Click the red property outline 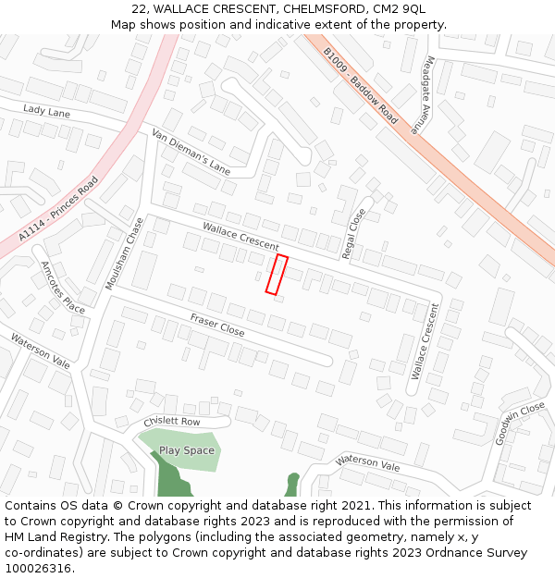(x=277, y=275)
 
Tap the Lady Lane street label (x=46, y=111)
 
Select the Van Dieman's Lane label (x=191, y=152)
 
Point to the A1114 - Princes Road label (x=57, y=210)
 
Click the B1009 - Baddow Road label (x=361, y=86)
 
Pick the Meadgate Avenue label (x=426, y=95)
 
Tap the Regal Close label (x=354, y=232)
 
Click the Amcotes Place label (x=63, y=287)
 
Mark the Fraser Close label (x=217, y=325)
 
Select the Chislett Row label (x=172, y=422)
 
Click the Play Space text (x=186, y=450)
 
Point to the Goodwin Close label (x=520, y=424)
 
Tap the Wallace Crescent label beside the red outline (x=240, y=236)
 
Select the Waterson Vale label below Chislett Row (x=368, y=462)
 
